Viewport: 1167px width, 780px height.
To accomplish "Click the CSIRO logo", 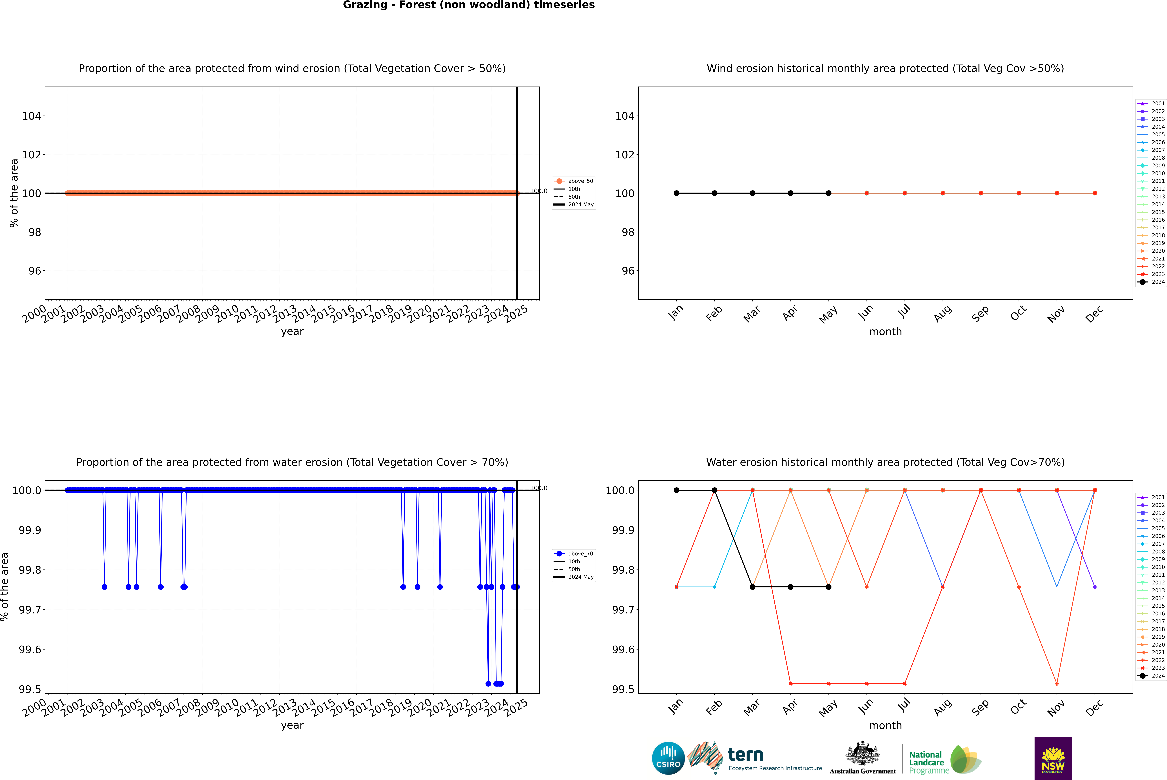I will (x=668, y=758).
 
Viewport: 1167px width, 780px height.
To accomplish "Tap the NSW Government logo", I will (x=1053, y=758).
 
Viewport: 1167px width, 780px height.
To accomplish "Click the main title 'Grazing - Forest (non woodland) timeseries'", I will (x=469, y=5).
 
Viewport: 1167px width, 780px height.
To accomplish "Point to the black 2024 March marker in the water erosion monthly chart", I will (x=753, y=587).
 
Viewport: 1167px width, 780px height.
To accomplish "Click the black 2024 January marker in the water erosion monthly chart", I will (x=677, y=490).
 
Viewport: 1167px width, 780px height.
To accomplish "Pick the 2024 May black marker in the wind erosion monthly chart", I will (x=829, y=193).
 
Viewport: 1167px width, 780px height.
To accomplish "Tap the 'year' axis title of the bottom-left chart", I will (x=292, y=725).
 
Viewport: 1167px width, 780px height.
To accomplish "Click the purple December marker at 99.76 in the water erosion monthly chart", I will (x=1094, y=587).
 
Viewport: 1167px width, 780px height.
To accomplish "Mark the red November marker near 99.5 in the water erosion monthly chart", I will (x=1057, y=683).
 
